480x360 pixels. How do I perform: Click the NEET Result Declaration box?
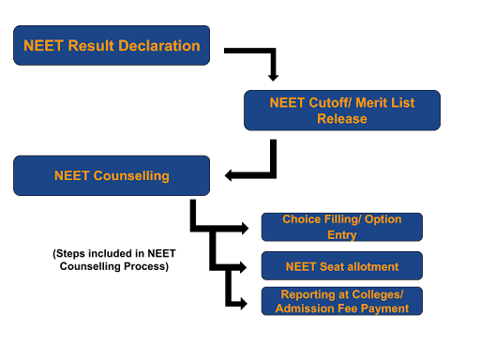[112, 45]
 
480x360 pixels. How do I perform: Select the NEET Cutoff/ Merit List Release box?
[342, 110]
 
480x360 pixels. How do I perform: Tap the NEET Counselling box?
[112, 175]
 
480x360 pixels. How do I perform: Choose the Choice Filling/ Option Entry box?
[342, 227]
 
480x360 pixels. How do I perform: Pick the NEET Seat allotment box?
[342, 266]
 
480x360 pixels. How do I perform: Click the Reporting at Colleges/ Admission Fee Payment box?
[342, 301]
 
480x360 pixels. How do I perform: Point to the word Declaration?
[158, 45]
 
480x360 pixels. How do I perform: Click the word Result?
[90, 45]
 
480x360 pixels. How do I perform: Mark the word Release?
[342, 119]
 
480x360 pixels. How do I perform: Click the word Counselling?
[131, 175]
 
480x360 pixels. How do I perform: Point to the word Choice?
[301, 219]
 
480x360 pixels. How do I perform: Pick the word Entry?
[342, 234]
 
